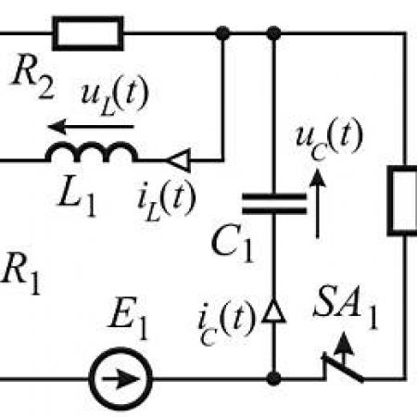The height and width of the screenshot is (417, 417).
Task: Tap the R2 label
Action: pyautogui.click(x=33, y=77)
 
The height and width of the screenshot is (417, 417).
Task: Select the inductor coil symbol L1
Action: pyautogui.click(x=92, y=152)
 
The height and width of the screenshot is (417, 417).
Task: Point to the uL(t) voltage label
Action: pyautogui.click(x=115, y=95)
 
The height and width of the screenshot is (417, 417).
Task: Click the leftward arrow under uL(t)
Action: pyautogui.click(x=91, y=126)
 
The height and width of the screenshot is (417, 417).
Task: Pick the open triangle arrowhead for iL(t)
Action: pyautogui.click(x=179, y=160)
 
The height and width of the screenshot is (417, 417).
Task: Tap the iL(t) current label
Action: pyautogui.click(x=166, y=200)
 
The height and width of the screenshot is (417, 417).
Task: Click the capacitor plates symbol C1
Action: pyautogui.click(x=274, y=204)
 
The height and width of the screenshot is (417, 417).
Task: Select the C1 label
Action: pyautogui.click(x=233, y=244)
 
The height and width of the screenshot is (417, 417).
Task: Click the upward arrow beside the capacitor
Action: pyautogui.click(x=317, y=204)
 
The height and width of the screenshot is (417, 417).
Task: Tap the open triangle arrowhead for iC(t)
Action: pyautogui.click(x=273, y=311)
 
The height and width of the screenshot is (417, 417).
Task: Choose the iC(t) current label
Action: pyautogui.click(x=227, y=322)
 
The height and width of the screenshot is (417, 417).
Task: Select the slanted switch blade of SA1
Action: pyautogui.click(x=343, y=368)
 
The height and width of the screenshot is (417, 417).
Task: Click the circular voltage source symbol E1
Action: pyautogui.click(x=120, y=379)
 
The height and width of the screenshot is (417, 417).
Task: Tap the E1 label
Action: pyautogui.click(x=129, y=318)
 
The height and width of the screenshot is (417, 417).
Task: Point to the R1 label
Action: pyautogui.click(x=20, y=272)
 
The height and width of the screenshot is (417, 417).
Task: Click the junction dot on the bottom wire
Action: pyautogui.click(x=273, y=378)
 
